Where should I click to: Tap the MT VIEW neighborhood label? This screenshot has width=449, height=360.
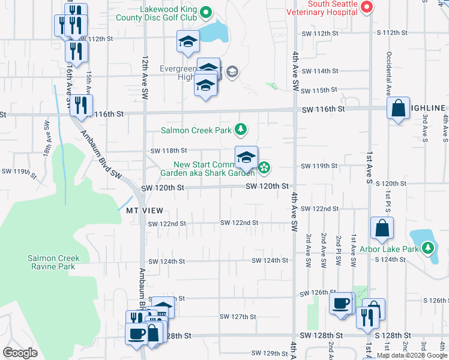click(144, 211)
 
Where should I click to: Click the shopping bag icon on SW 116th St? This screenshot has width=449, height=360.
click(398, 109)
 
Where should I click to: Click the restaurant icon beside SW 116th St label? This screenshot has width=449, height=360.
click(81, 106)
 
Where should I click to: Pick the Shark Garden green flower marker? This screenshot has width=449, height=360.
click(264, 166)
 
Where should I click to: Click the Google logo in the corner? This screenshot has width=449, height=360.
click(20, 353)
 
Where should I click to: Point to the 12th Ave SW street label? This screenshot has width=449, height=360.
click(145, 78)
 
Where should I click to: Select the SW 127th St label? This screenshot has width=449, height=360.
click(238, 316)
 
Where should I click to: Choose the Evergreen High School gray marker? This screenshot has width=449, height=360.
click(232, 73)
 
